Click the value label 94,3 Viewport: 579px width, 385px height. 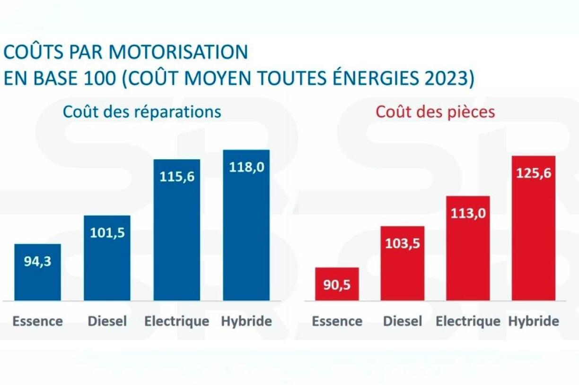click(x=37, y=261)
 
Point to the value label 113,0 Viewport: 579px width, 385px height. click(x=468, y=214)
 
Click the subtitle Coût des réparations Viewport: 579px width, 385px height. click(x=142, y=112)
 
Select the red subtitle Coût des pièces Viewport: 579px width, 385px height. click(x=435, y=112)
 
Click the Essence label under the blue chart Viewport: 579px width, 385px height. click(x=37, y=321)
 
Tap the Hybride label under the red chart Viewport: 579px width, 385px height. click(x=534, y=321)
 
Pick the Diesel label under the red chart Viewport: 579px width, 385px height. click(x=403, y=321)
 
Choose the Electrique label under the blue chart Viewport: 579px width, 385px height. click(x=176, y=321)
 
